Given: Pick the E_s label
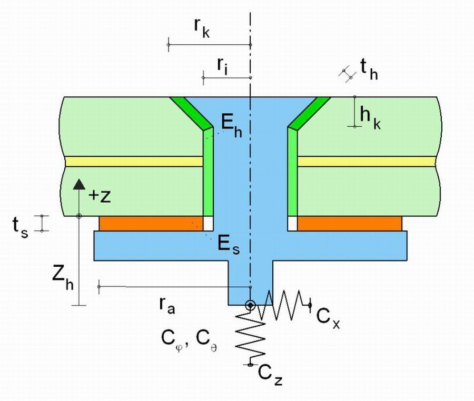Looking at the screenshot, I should (x=229, y=245).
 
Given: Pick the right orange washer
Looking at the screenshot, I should (x=349, y=224).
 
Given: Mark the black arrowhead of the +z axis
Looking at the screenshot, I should (x=79, y=184).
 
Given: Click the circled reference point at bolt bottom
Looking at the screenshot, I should (x=250, y=305).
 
